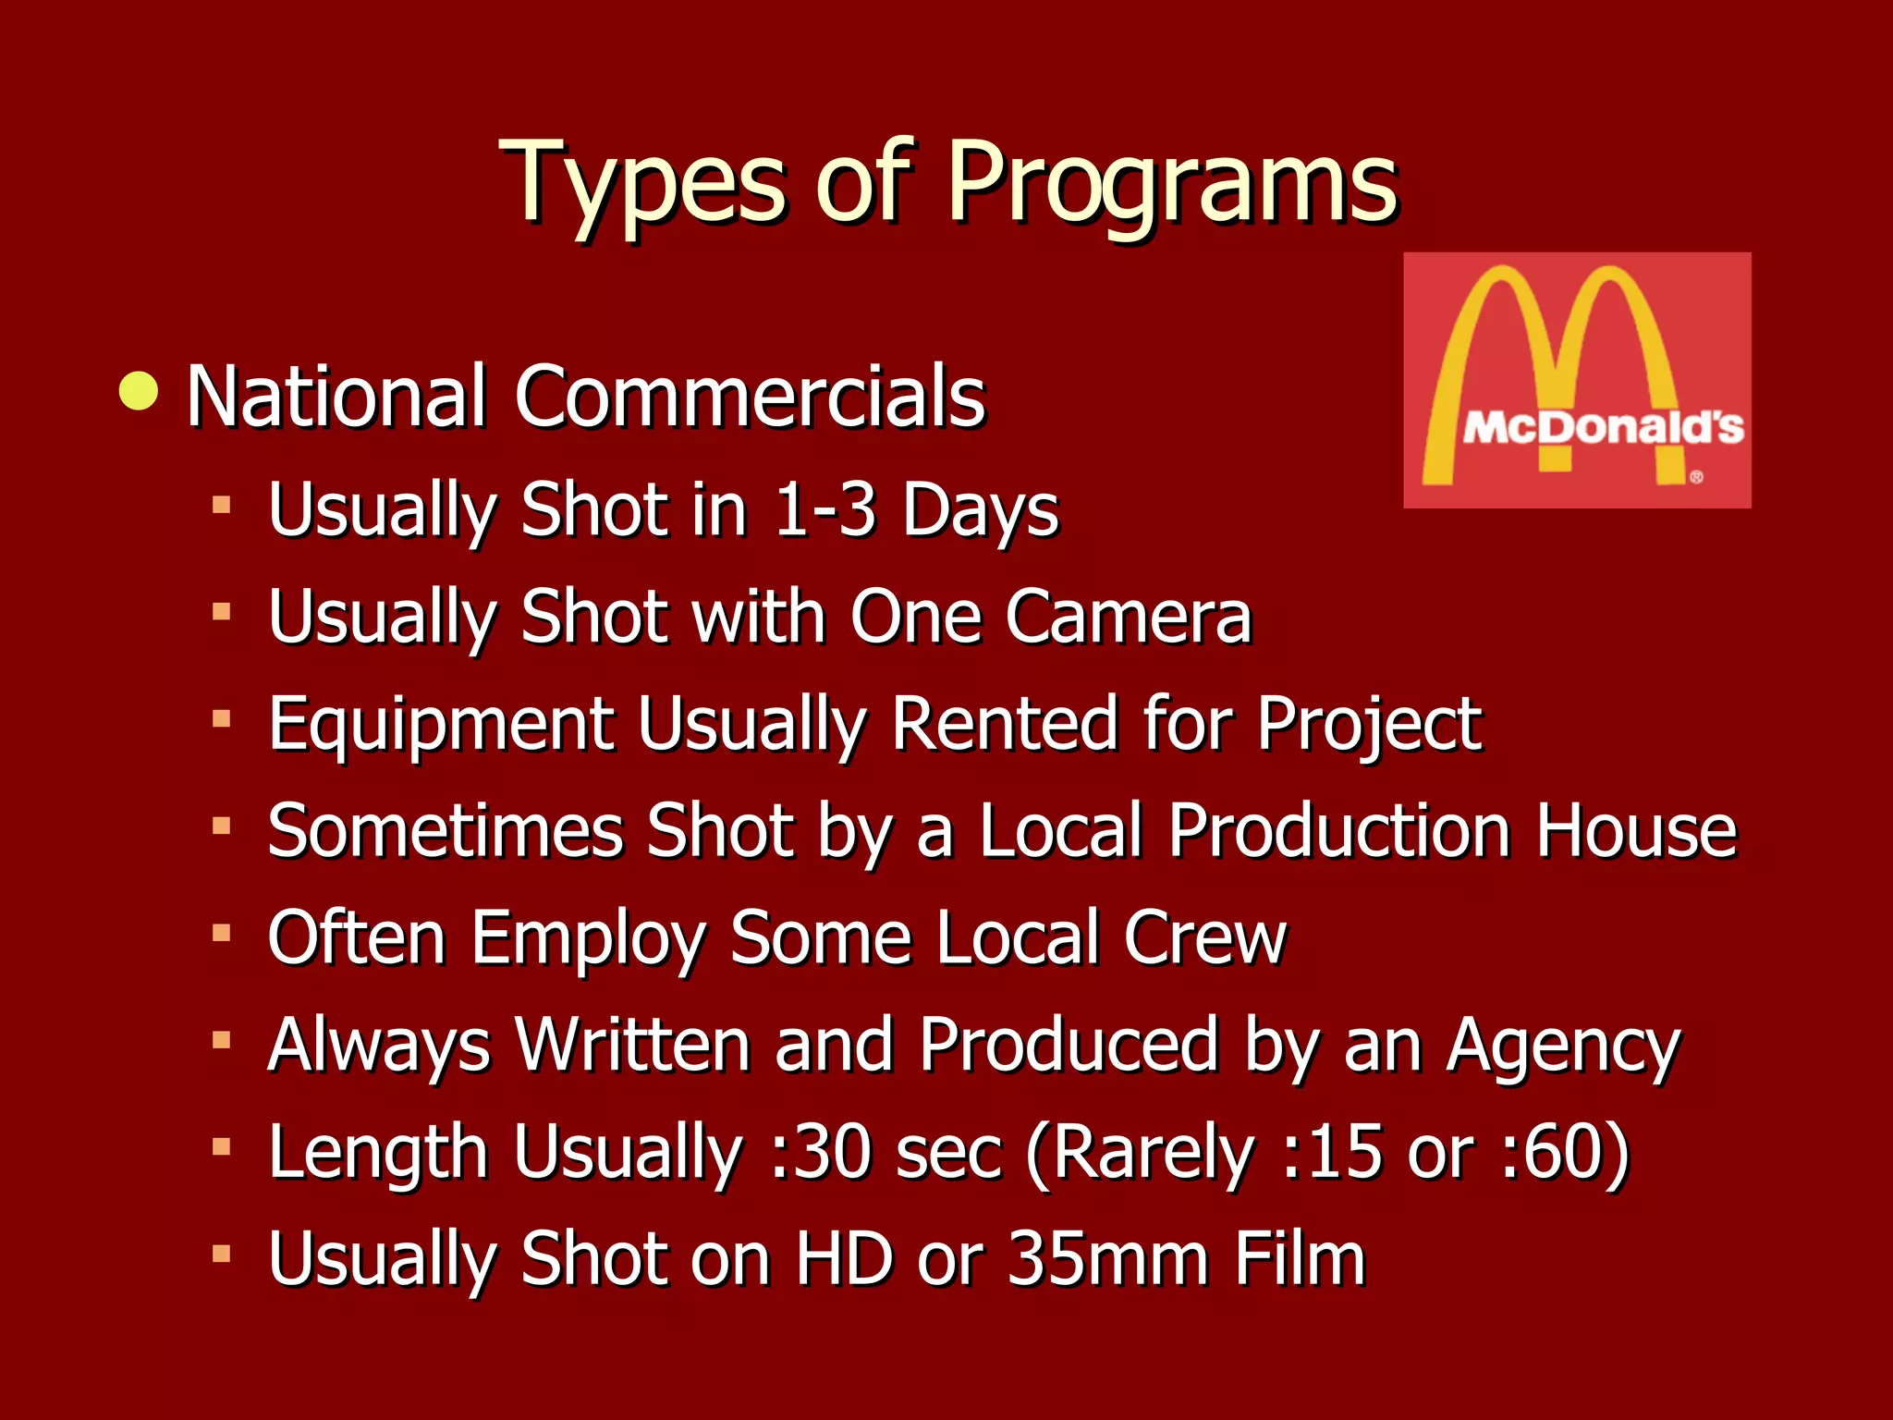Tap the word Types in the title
click(x=642, y=185)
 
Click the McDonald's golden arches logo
click(x=1577, y=380)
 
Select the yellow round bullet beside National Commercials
click(x=139, y=391)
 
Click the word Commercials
click(x=750, y=397)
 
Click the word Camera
click(x=1128, y=617)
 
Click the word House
click(x=1636, y=830)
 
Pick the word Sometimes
click(x=445, y=830)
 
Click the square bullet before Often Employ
click(x=221, y=933)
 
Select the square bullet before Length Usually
click(x=221, y=1147)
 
